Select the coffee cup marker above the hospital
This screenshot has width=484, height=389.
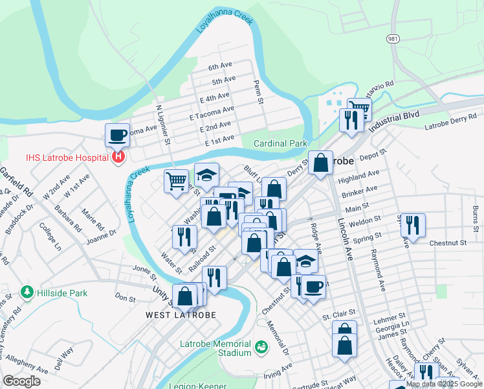(117, 135)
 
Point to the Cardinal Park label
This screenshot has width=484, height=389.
(280, 143)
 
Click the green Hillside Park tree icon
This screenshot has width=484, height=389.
(26, 292)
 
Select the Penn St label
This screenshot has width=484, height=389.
(258, 92)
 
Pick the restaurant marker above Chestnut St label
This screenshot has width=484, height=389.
(412, 224)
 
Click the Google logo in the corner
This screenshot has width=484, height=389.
(21, 381)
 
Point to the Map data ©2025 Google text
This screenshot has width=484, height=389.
(444, 384)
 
